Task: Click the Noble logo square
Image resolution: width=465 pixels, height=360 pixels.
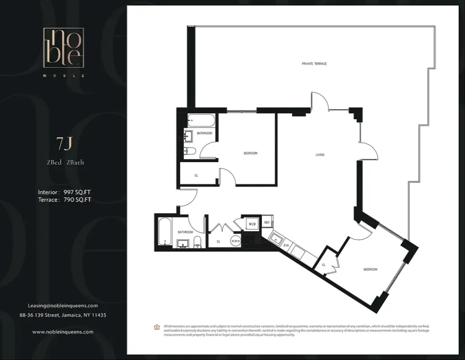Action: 63,48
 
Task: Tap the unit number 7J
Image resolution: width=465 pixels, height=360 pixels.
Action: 64,145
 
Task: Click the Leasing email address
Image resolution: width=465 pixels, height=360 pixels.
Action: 63,306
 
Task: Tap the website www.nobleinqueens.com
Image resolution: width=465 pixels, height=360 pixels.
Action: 63,332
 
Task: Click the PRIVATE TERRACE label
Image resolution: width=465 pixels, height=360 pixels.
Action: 314,64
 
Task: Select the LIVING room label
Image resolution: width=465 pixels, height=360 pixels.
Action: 320,155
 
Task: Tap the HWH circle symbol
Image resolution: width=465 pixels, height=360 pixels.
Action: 236,241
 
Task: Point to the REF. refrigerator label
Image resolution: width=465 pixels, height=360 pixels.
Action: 267,222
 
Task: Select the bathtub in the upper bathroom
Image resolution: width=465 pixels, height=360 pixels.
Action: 201,121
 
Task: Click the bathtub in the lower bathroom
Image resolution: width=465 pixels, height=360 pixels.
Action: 164,232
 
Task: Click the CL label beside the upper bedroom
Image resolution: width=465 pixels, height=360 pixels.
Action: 196,176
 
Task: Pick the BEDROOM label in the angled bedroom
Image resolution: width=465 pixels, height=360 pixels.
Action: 370,269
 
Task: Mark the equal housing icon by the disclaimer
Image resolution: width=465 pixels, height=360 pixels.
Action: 157,327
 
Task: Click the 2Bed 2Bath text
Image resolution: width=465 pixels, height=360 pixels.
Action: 65,162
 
